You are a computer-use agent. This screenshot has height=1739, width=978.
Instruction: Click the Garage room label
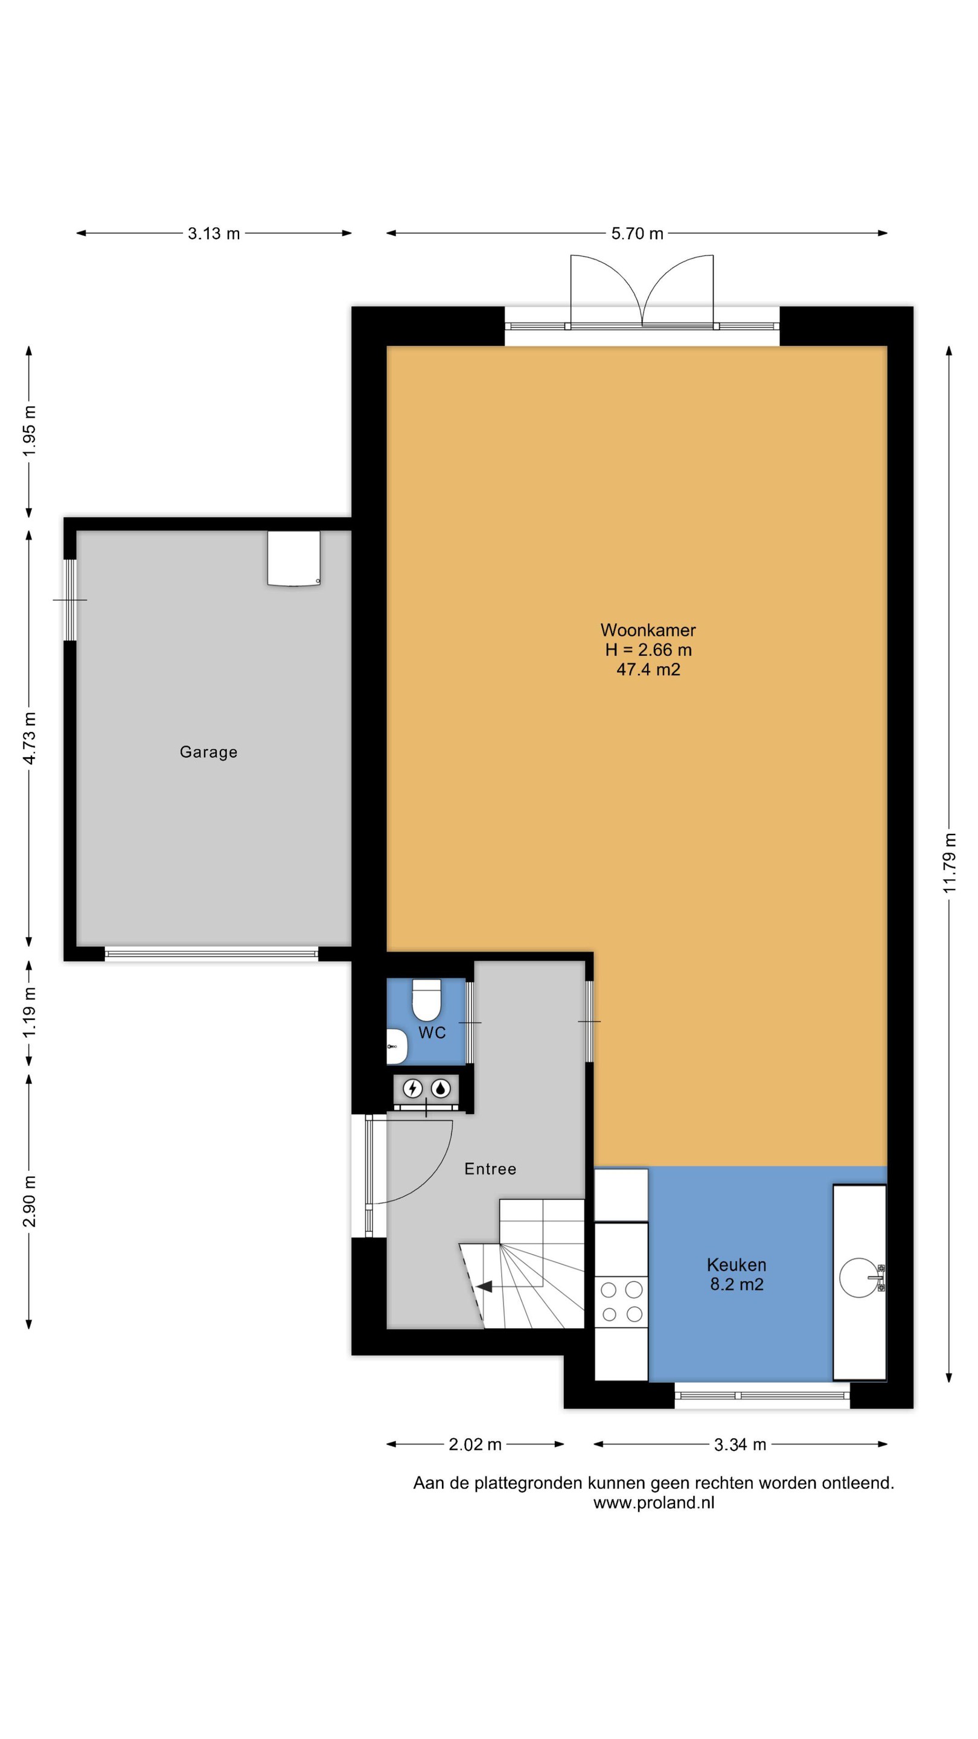tap(208, 752)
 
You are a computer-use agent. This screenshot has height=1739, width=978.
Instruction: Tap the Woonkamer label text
tap(648, 630)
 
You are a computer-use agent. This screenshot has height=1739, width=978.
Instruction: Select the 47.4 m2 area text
tap(648, 670)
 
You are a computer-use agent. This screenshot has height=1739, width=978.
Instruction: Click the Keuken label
tap(737, 1264)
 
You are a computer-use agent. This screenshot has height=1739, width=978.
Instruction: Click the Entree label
tap(491, 1169)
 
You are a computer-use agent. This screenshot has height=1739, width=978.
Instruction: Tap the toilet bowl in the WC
tap(427, 1000)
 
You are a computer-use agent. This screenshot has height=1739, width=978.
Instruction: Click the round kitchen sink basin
tap(860, 1278)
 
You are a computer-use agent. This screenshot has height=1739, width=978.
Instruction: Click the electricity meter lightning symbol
tap(412, 1088)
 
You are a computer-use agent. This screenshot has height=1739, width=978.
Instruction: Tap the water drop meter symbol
tap(441, 1088)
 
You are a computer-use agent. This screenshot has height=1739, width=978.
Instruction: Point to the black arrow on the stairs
tap(484, 1287)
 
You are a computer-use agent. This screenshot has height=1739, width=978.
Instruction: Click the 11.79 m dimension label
tap(950, 863)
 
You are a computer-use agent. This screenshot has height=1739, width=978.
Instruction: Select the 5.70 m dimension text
tap(637, 234)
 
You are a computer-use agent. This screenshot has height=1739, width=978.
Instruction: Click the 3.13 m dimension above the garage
tap(214, 234)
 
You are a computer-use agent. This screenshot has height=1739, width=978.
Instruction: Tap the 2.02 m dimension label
tap(475, 1445)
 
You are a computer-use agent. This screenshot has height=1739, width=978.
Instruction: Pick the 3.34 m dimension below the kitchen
tap(740, 1445)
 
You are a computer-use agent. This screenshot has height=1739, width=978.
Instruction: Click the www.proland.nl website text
tap(653, 1503)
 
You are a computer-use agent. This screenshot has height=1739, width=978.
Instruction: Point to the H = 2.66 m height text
tap(648, 650)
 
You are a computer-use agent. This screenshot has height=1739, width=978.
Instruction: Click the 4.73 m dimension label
tap(29, 738)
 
